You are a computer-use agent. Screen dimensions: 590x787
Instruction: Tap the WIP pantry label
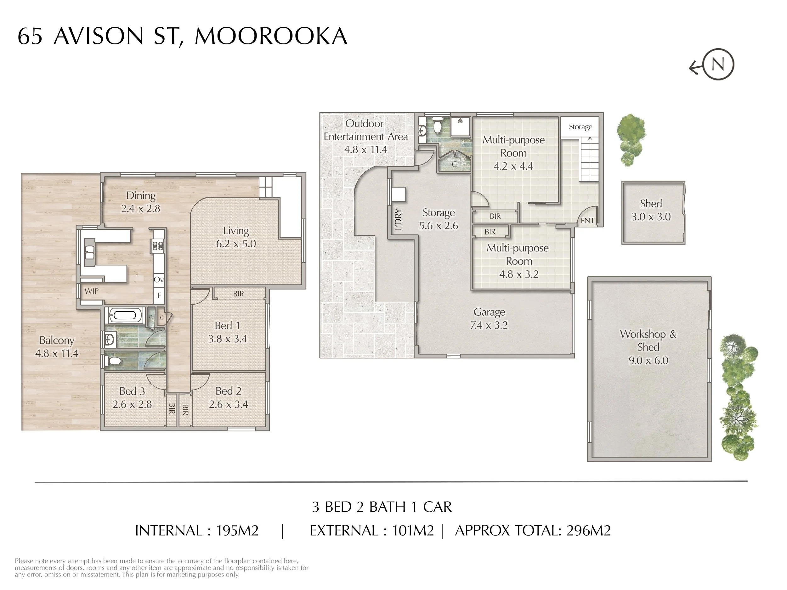click(x=91, y=291)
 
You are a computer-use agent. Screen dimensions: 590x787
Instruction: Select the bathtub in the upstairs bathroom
click(x=123, y=315)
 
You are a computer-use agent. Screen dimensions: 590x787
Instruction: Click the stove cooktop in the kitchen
click(x=158, y=245)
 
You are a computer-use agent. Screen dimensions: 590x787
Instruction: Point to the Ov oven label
click(x=159, y=280)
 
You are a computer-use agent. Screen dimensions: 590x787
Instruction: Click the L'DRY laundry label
click(x=399, y=219)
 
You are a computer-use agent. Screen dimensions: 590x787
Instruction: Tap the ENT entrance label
click(x=587, y=221)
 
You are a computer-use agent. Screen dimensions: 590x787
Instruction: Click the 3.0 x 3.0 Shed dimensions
click(x=651, y=217)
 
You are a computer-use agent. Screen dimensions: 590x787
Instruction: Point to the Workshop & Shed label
click(x=648, y=340)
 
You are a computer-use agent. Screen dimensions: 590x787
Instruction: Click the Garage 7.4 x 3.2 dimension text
click(x=489, y=325)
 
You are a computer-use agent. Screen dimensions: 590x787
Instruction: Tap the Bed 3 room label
click(x=132, y=391)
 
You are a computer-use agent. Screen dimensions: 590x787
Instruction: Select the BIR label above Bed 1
click(x=238, y=294)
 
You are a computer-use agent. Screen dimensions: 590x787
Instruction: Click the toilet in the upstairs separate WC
click(x=114, y=361)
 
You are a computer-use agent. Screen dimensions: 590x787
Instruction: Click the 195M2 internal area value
click(x=237, y=531)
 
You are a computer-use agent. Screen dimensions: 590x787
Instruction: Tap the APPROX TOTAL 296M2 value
click(x=588, y=531)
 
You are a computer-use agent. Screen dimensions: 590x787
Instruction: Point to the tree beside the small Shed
click(x=631, y=139)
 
